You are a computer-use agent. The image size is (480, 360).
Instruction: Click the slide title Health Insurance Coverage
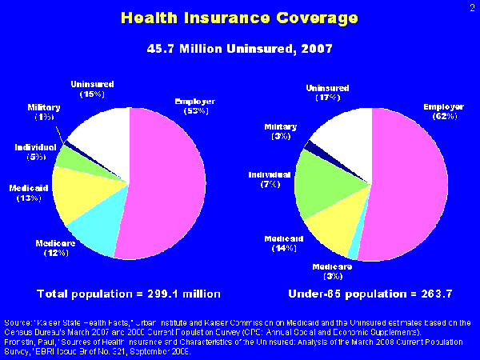pos(240,17)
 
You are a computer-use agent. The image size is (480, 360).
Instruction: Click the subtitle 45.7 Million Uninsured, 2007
pos(240,49)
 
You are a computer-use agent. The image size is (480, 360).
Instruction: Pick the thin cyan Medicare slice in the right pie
pos(353,253)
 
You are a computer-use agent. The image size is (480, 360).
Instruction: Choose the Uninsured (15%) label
pos(93,89)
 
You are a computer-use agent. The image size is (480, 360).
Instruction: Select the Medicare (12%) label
pos(55,247)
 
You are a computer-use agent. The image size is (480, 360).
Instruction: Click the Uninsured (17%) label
pos(328,92)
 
